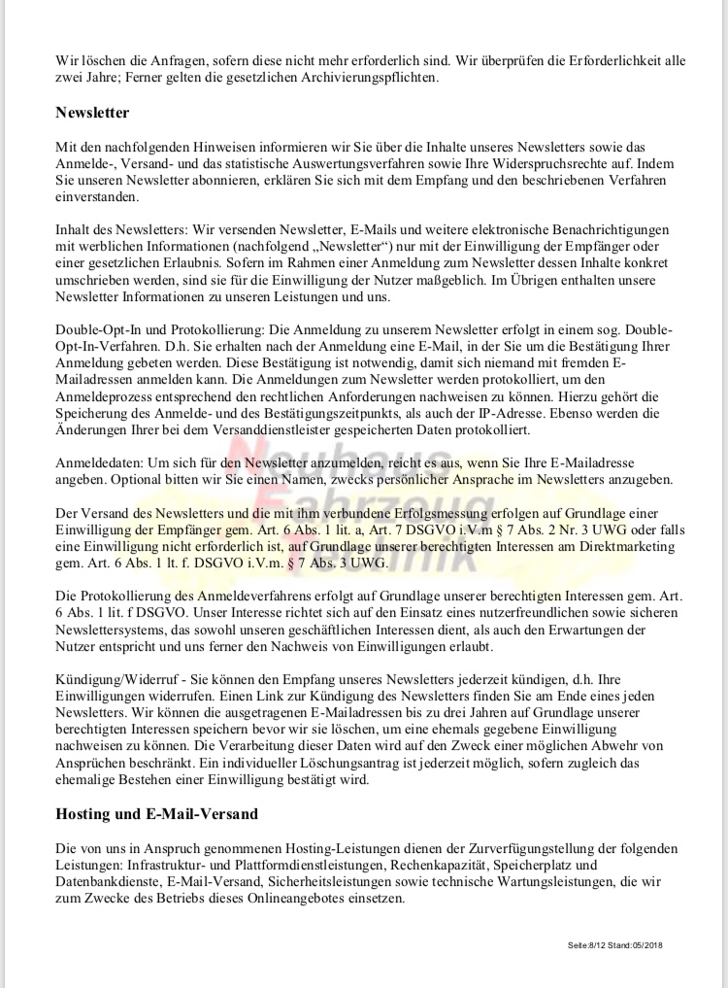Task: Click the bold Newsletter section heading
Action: [92, 113]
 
